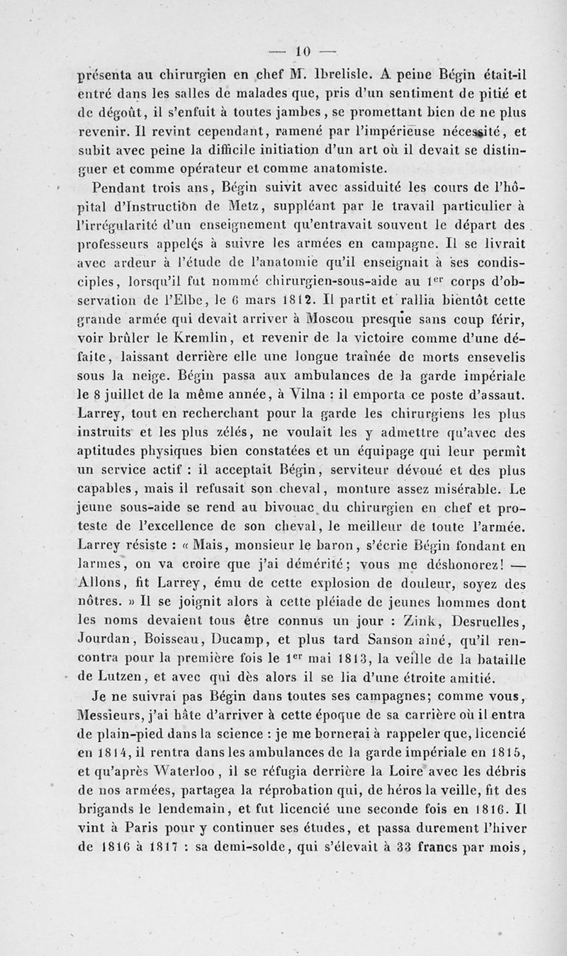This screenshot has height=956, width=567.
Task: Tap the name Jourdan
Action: pos(103,641)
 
